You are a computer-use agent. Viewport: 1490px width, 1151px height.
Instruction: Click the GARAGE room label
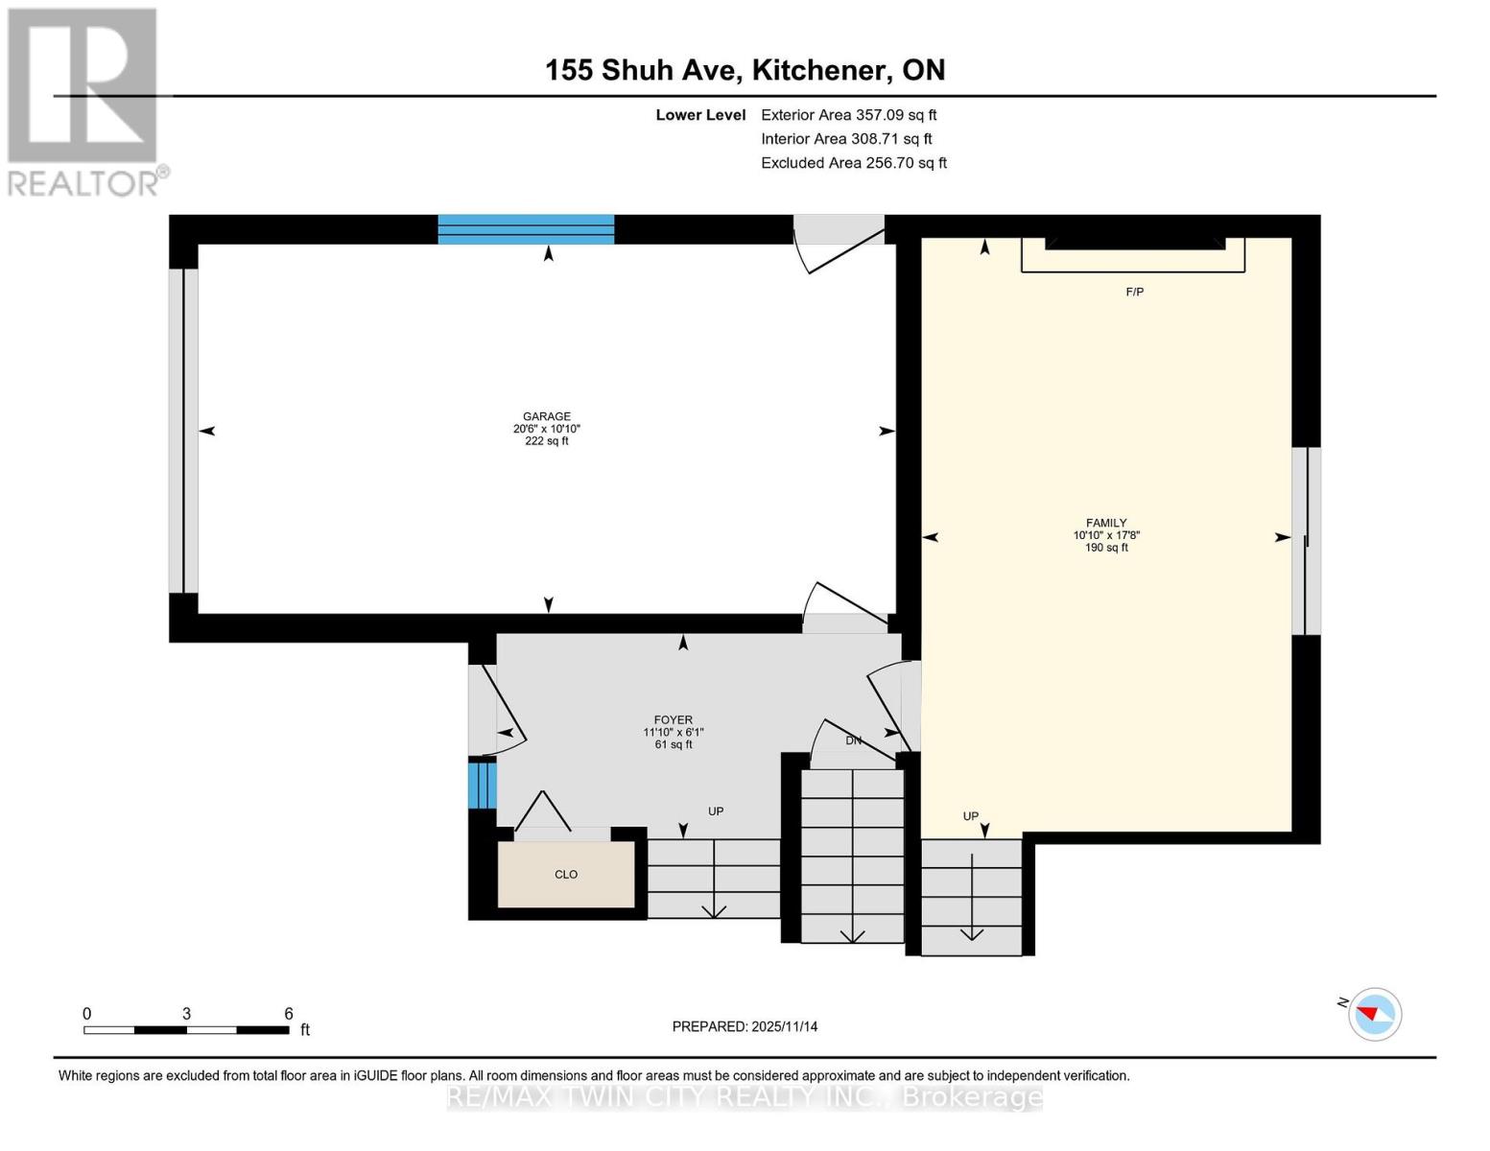[x=547, y=417]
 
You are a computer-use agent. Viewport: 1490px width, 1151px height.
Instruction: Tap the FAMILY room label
[x=1106, y=524]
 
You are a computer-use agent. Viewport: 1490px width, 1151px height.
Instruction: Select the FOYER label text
[x=674, y=720]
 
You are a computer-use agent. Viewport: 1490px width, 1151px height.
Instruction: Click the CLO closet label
[x=566, y=875]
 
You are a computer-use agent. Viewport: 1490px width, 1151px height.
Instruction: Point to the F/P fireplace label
[x=1135, y=292]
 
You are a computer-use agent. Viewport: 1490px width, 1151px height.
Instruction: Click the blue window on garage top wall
[x=526, y=229]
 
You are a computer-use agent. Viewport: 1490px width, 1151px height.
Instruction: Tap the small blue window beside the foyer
[x=482, y=784]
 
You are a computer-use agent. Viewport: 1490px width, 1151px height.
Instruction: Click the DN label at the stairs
[x=853, y=740]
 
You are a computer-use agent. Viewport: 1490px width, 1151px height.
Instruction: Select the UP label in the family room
[x=971, y=816]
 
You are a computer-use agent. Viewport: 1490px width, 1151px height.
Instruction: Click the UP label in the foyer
[x=716, y=811]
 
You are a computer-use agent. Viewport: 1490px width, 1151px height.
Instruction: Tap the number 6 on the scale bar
[x=288, y=1014]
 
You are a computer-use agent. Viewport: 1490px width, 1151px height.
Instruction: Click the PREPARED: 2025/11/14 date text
[x=745, y=1026]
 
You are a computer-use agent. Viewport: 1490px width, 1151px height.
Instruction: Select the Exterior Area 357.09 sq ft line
[x=848, y=114]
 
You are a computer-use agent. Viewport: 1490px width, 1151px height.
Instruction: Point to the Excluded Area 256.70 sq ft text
[x=854, y=163]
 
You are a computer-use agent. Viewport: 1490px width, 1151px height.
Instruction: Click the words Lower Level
[x=700, y=114]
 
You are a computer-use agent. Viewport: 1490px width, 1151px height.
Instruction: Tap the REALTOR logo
[x=84, y=101]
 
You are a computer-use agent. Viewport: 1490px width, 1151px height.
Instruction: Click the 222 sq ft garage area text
[x=547, y=441]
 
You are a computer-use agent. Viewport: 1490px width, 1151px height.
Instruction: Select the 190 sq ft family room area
[x=1106, y=548]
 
